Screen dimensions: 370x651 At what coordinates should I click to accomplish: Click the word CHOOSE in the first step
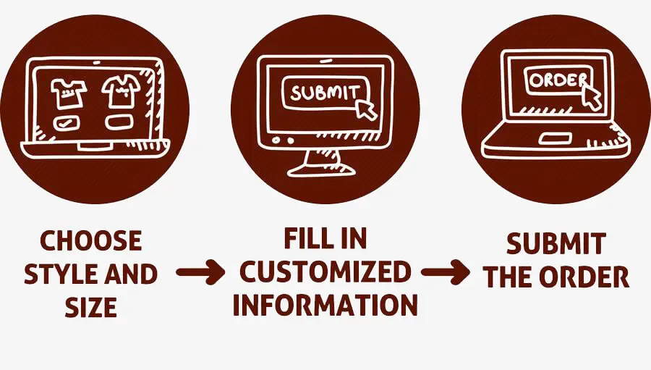pyautogui.click(x=91, y=241)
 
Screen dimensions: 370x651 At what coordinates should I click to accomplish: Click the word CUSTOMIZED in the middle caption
pyautogui.click(x=325, y=272)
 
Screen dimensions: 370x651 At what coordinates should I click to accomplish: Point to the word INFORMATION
pyautogui.click(x=325, y=306)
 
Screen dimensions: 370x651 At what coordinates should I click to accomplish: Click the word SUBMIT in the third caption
pyautogui.click(x=556, y=245)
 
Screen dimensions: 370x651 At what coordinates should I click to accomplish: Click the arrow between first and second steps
pyautogui.click(x=200, y=273)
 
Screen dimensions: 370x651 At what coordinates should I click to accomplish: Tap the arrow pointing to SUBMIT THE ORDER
pyautogui.click(x=446, y=272)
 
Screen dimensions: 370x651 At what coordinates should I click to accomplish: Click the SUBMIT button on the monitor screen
pyautogui.click(x=323, y=93)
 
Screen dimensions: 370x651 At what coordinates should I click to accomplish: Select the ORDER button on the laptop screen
pyautogui.click(x=556, y=80)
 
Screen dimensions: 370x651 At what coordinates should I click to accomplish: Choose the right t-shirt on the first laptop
pyautogui.click(x=120, y=90)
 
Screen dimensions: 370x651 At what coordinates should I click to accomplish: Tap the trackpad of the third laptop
pyautogui.click(x=553, y=138)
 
